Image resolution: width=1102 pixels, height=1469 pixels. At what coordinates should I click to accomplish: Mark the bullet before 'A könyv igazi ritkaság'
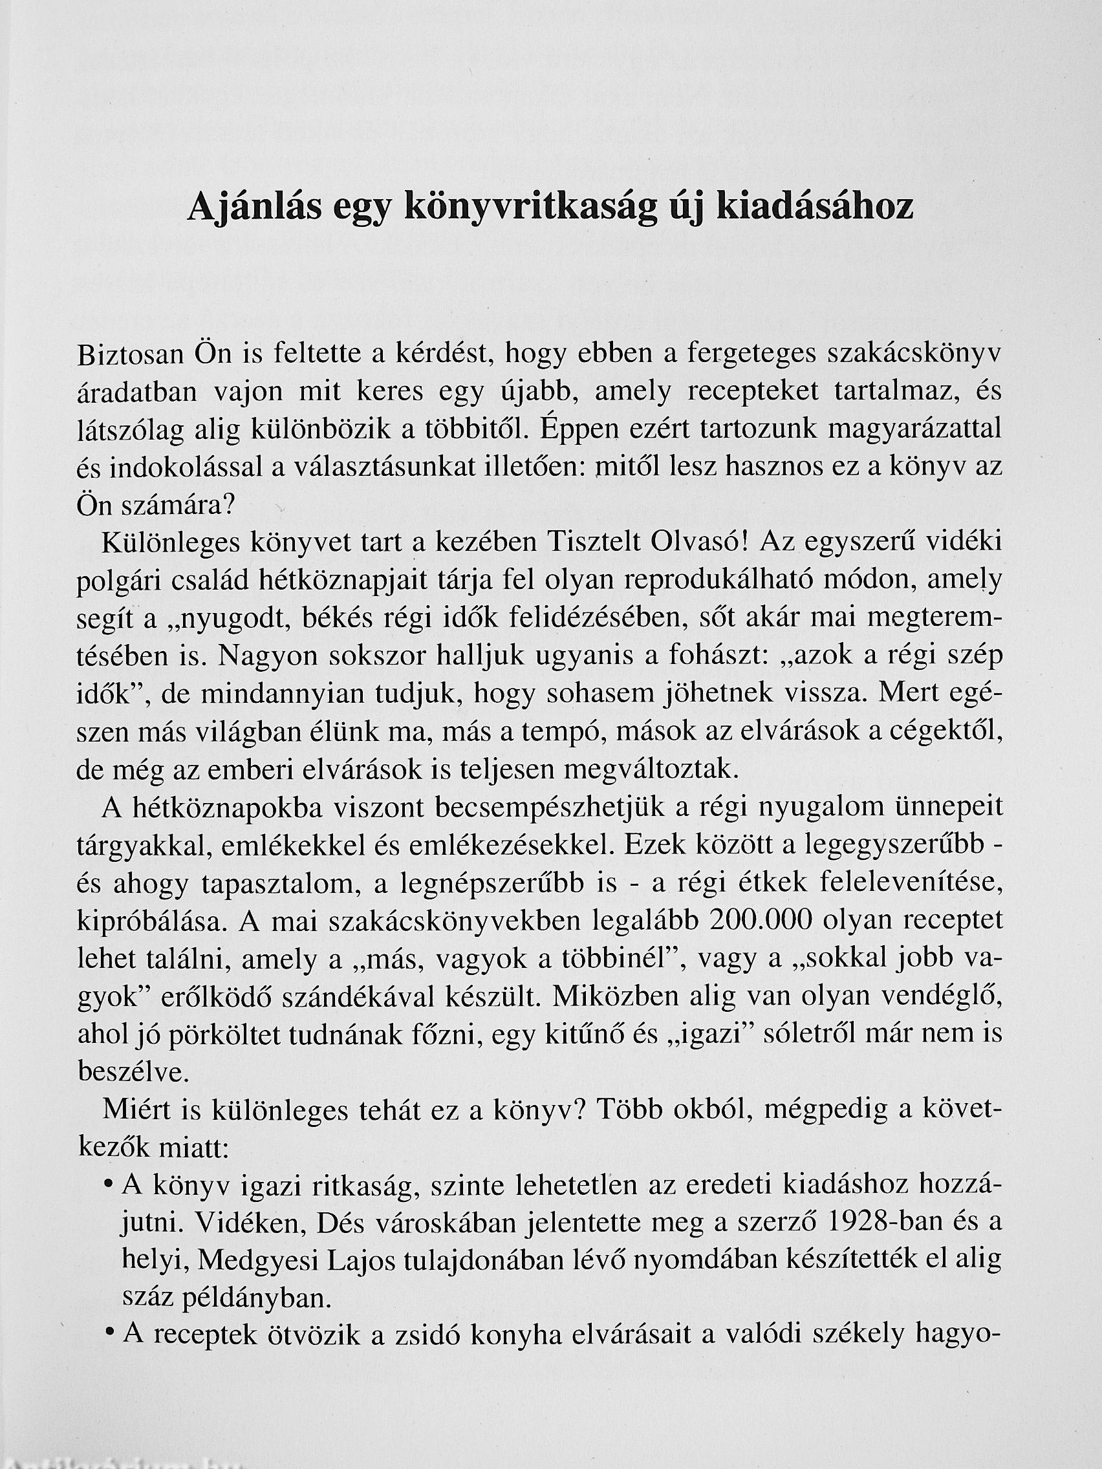coord(107,1185)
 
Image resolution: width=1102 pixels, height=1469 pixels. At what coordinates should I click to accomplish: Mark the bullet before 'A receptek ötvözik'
coord(107,1336)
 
